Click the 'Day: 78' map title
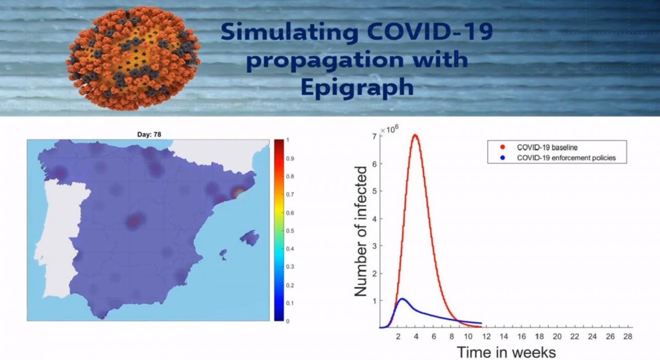(x=149, y=134)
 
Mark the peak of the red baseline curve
(x=415, y=135)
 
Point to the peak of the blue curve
(x=402, y=299)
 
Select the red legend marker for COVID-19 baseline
(x=501, y=147)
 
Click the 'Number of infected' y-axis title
(x=362, y=231)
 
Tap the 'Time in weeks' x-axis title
(x=506, y=352)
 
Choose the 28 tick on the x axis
(x=628, y=336)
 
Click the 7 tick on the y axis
(x=375, y=136)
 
